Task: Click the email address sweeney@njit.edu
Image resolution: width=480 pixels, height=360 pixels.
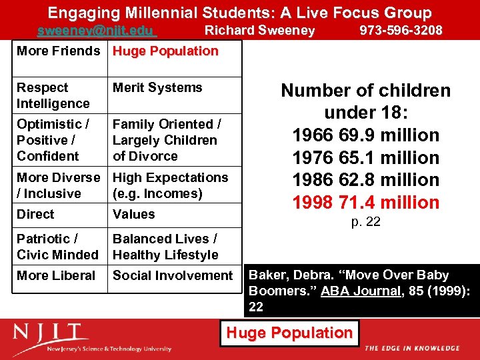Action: click(96, 31)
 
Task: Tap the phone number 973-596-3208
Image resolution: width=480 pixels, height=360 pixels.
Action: click(401, 31)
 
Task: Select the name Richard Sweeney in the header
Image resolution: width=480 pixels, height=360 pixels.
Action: click(259, 31)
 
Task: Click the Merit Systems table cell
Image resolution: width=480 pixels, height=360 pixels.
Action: click(157, 87)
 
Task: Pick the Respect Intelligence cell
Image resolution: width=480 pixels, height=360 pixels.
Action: click(53, 95)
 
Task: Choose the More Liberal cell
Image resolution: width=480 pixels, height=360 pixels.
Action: click(56, 275)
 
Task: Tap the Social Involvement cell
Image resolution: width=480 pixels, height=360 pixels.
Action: click(173, 275)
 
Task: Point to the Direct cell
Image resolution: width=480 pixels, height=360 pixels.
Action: click(35, 214)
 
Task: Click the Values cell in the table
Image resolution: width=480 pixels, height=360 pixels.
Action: click(133, 214)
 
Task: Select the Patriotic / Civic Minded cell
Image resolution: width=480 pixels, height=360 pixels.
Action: click(57, 247)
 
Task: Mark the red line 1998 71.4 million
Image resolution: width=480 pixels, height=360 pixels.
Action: click(365, 203)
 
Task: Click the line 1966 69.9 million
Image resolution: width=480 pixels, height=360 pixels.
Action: click(365, 135)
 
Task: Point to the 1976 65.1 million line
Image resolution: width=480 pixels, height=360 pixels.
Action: click(365, 158)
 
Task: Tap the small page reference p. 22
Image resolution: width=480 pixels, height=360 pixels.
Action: click(365, 222)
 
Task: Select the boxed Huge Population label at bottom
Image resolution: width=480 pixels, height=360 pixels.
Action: click(289, 333)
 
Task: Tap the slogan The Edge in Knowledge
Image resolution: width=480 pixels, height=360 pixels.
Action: click(412, 348)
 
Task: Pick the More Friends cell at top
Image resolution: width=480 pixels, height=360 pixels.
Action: click(58, 51)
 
